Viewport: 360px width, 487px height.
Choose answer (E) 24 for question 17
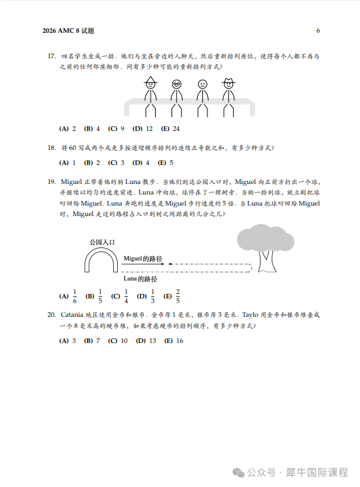[x=170, y=128]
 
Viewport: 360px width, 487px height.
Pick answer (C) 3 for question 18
[x=116, y=162]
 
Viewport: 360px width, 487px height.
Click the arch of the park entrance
[x=101, y=257]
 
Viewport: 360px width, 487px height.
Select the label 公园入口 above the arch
[x=102, y=242]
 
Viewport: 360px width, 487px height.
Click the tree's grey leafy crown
[x=265, y=239]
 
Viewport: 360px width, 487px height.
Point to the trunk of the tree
[x=266, y=262]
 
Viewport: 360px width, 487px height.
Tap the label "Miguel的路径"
[x=143, y=259]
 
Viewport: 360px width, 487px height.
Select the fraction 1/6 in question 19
[x=75, y=296]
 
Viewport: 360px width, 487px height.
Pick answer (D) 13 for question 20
[x=146, y=340]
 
